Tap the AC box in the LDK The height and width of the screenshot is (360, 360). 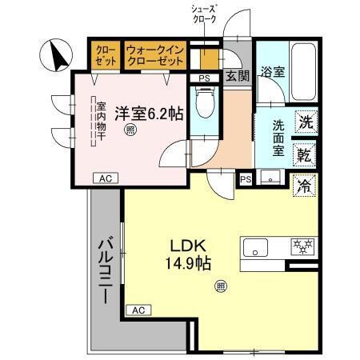click(137, 309)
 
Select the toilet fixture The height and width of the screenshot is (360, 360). click(206, 103)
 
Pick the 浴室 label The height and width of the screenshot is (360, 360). click(273, 72)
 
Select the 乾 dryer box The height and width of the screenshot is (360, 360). click(305, 154)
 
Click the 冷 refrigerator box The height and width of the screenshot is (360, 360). click(305, 186)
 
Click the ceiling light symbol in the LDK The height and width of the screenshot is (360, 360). click(220, 285)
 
